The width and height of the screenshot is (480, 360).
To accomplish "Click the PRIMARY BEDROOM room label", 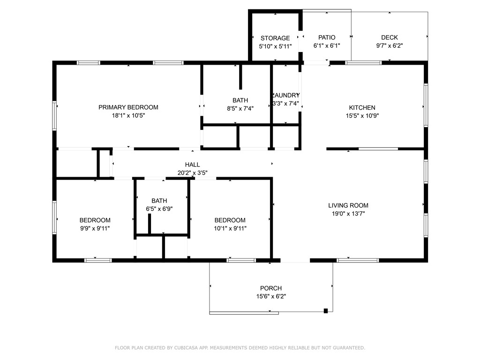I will click(128, 107).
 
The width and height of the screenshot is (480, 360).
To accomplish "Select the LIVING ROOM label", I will click(348, 205).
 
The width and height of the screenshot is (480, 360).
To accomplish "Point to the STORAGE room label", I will click(275, 38).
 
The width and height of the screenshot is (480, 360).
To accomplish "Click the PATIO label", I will click(327, 37).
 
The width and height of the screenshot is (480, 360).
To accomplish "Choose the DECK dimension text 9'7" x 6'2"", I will click(389, 46).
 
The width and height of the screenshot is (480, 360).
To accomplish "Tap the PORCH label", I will click(271, 288).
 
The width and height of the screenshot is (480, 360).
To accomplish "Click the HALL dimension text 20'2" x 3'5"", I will click(192, 172).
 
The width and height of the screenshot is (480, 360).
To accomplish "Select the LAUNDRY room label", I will click(286, 96).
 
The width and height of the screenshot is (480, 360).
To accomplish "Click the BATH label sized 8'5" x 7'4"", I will click(240, 100).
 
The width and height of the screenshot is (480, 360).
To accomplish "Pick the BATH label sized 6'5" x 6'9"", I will click(159, 201).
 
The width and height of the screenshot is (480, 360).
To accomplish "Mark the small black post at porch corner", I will click(326, 310).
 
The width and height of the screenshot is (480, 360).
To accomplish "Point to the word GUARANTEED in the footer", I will click(347, 348).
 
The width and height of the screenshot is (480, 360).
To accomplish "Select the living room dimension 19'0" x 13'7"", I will click(348, 214).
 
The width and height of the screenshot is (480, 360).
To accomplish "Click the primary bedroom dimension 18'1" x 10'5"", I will click(128, 115).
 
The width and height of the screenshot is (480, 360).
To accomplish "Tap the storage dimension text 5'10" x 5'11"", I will click(275, 46).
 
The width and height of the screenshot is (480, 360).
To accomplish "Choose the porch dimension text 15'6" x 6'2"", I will click(271, 296).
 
